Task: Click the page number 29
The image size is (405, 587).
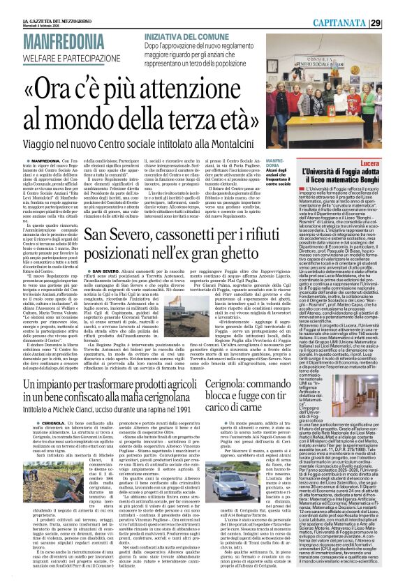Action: click(395, 23)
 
